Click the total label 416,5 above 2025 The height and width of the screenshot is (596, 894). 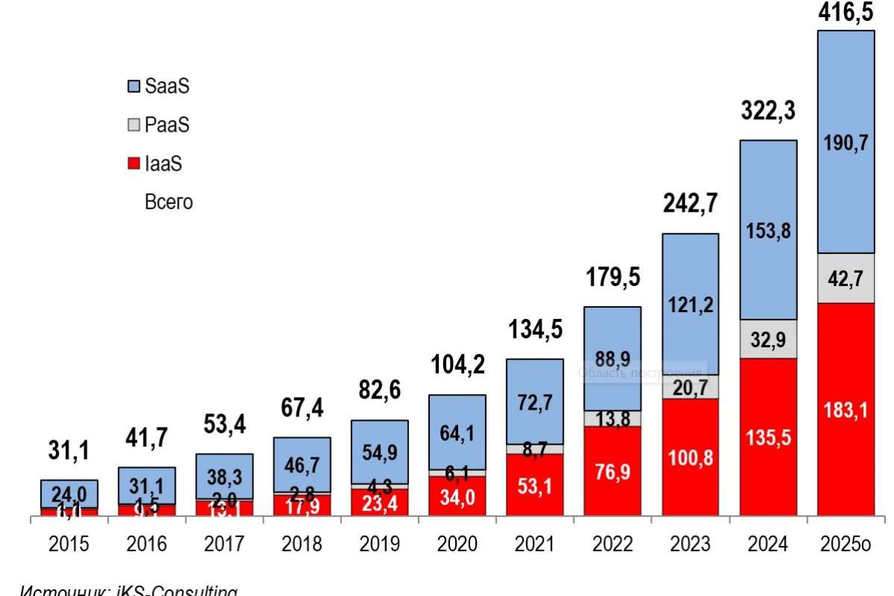(x=846, y=13)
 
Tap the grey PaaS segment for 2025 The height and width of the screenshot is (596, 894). (x=846, y=278)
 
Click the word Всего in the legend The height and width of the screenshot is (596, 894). (x=168, y=202)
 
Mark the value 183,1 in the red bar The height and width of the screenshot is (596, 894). (x=846, y=410)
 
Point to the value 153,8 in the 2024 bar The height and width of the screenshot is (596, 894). (x=768, y=231)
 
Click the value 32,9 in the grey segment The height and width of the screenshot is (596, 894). (x=768, y=339)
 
